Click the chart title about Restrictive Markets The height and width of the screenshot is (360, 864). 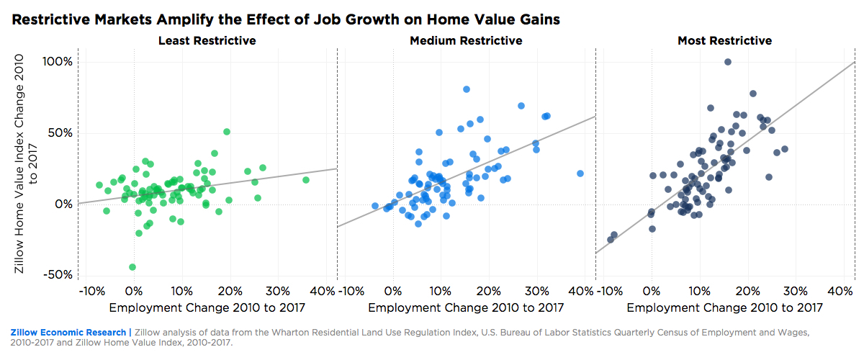[286, 20]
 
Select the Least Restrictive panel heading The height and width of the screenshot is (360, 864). [207, 41]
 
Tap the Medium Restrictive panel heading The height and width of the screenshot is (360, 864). [466, 41]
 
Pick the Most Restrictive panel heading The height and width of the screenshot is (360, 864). [724, 41]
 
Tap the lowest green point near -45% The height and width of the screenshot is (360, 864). [132, 267]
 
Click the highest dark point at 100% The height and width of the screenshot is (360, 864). [728, 63]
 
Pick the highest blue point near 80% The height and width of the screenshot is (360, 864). [467, 89]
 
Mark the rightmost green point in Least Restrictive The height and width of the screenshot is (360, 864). [306, 180]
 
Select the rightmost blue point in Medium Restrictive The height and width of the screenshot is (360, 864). [580, 174]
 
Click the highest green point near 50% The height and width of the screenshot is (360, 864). [227, 132]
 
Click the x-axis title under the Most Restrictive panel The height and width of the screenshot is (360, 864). [724, 308]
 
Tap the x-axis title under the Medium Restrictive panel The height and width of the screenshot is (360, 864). [466, 308]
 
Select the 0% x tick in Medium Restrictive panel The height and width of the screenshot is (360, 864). [393, 292]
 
